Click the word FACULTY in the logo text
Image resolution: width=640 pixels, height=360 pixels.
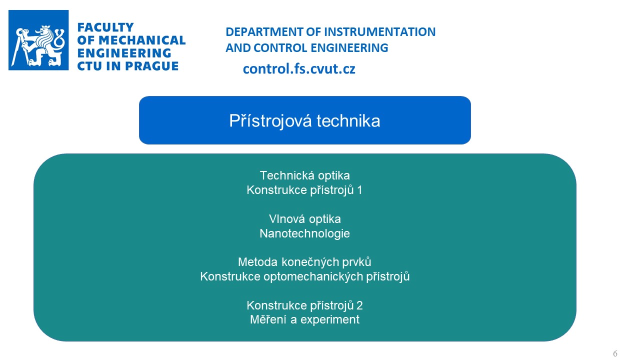coord(105,27)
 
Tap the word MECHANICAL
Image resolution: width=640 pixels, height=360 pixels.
coord(142,40)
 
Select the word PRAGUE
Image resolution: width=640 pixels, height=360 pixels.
coord(151,66)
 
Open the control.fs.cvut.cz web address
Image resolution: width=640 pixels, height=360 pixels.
coord(299,69)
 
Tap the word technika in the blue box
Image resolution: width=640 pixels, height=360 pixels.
coord(348,120)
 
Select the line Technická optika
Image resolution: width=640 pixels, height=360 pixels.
coord(304,175)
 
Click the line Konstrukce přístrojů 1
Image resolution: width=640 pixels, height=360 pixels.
coord(304,190)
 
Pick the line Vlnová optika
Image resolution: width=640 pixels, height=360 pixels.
coord(304,219)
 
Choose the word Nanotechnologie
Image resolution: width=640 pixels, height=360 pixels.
coord(304,233)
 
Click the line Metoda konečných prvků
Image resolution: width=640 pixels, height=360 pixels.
coord(304,262)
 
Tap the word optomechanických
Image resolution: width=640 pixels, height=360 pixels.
coord(313,276)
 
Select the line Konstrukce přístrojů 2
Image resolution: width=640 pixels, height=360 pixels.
coord(304,305)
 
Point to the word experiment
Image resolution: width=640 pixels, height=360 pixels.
coord(329,319)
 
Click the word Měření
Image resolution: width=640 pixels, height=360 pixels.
coord(268,319)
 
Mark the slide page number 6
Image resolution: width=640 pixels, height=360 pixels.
coord(615,353)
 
